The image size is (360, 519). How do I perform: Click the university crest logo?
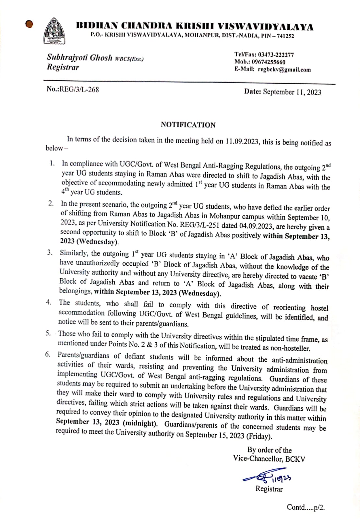(x=54, y=31)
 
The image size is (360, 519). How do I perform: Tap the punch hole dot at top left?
(x=30, y=24)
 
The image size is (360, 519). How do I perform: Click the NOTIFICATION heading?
(x=188, y=125)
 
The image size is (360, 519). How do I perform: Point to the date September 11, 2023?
(x=292, y=92)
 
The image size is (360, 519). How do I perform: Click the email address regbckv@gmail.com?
(x=284, y=69)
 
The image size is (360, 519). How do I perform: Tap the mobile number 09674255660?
(x=269, y=62)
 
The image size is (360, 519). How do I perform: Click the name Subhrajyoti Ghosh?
(x=79, y=58)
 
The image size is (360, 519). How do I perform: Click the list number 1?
(x=52, y=163)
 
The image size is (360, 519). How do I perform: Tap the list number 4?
(x=49, y=302)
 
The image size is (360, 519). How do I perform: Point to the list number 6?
(x=48, y=354)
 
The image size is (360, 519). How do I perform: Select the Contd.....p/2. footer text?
(x=306, y=507)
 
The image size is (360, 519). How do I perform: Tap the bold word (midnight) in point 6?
(x=140, y=423)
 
